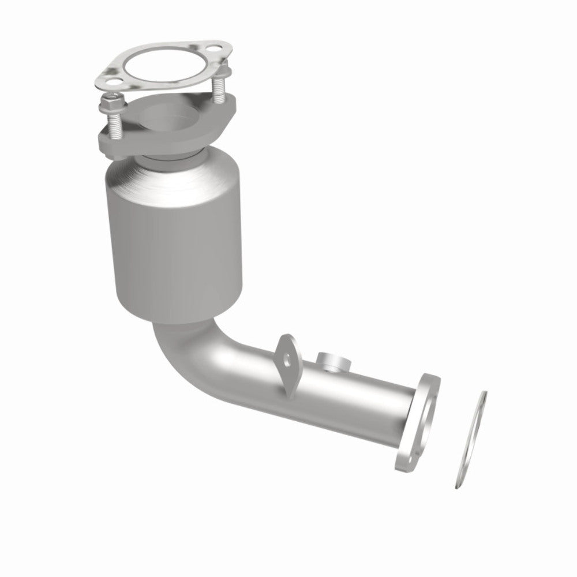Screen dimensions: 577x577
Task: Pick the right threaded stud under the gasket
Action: coord(220,87)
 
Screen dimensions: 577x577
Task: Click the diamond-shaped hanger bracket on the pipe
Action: coord(288,361)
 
